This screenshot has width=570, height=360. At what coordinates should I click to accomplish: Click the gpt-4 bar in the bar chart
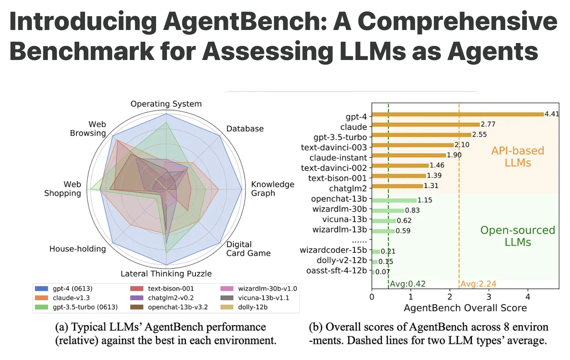click(x=458, y=114)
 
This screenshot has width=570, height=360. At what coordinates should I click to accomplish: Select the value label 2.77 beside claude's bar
click(x=488, y=124)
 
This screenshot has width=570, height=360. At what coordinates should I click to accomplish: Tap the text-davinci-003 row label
click(x=334, y=147)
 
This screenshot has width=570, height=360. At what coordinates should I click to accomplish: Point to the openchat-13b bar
click(x=394, y=200)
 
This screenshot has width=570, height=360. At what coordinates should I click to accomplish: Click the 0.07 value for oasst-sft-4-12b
click(x=382, y=272)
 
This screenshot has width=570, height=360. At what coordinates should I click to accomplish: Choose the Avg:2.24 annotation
click(x=478, y=284)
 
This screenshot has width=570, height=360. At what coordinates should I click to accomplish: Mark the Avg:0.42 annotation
click(x=408, y=284)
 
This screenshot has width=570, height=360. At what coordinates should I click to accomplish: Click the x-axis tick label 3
click(x=489, y=297)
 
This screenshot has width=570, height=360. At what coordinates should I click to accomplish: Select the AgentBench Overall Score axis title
click(x=465, y=308)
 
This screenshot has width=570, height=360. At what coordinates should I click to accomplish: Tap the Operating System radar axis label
click(x=166, y=104)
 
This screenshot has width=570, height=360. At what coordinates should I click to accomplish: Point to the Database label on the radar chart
click(x=245, y=129)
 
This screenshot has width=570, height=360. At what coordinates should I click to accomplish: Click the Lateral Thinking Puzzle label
click(x=166, y=274)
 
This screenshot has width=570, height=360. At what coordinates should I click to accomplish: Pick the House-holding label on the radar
click(x=78, y=249)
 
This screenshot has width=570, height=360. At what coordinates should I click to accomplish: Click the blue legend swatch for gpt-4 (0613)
click(x=41, y=289)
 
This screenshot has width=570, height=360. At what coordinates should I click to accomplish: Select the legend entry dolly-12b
click(x=253, y=307)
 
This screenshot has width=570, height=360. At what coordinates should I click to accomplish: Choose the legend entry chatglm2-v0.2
click(x=171, y=298)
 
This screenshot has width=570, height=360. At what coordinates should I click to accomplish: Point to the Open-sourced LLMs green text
click(x=517, y=236)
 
